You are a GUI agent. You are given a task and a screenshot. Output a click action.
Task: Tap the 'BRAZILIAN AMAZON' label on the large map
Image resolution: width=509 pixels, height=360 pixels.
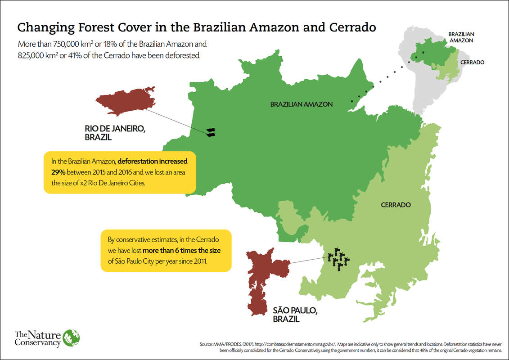[x=301, y=104]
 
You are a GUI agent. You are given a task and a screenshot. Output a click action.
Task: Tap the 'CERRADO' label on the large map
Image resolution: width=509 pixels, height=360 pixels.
[x=396, y=205]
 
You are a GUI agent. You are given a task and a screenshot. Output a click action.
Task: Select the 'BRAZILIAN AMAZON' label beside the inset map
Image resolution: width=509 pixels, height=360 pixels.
[x=461, y=37]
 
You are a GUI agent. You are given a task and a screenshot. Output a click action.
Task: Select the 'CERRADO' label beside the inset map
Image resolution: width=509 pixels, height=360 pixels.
[x=472, y=63]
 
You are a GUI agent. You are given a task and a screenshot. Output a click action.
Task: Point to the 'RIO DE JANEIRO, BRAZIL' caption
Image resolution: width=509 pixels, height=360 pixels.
[x=115, y=133]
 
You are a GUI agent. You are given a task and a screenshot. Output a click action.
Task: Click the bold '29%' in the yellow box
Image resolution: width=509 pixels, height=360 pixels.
[x=59, y=172]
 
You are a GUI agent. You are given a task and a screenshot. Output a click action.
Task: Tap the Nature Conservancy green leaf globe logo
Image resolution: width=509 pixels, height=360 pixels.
[x=71, y=338]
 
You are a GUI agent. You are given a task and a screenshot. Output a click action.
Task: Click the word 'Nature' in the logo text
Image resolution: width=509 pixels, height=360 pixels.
[x=43, y=334]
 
